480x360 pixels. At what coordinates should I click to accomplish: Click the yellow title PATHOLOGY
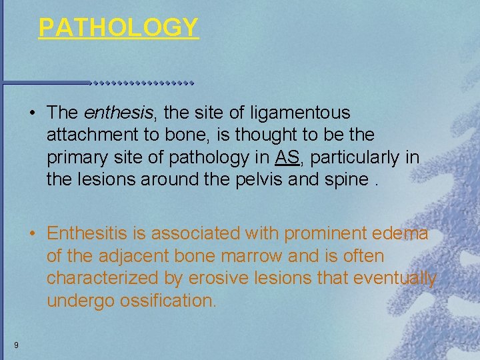click(119, 27)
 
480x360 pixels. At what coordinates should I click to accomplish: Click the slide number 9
click(15, 345)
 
